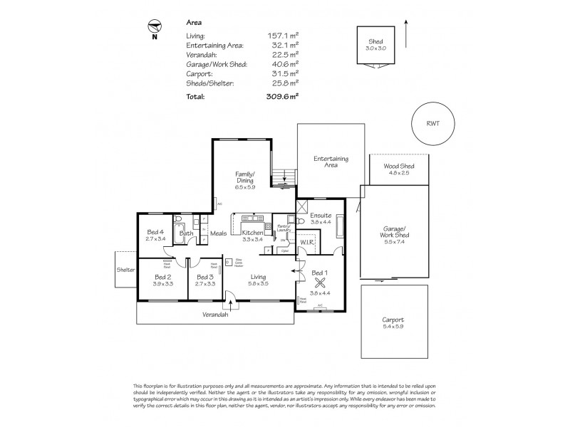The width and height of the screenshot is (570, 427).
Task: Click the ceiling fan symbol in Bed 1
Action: click(318, 280)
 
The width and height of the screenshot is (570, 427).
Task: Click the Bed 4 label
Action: click(155, 232)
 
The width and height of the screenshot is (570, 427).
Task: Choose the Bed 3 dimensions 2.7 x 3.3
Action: click(205, 283)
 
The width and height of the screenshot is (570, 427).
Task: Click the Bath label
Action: click(187, 233)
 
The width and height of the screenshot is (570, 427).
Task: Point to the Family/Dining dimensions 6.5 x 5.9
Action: click(246, 187)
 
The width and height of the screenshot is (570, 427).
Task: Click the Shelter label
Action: click(125, 270)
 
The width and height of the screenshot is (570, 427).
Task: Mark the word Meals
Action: click(218, 233)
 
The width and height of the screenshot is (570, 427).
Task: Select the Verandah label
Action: click(215, 315)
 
